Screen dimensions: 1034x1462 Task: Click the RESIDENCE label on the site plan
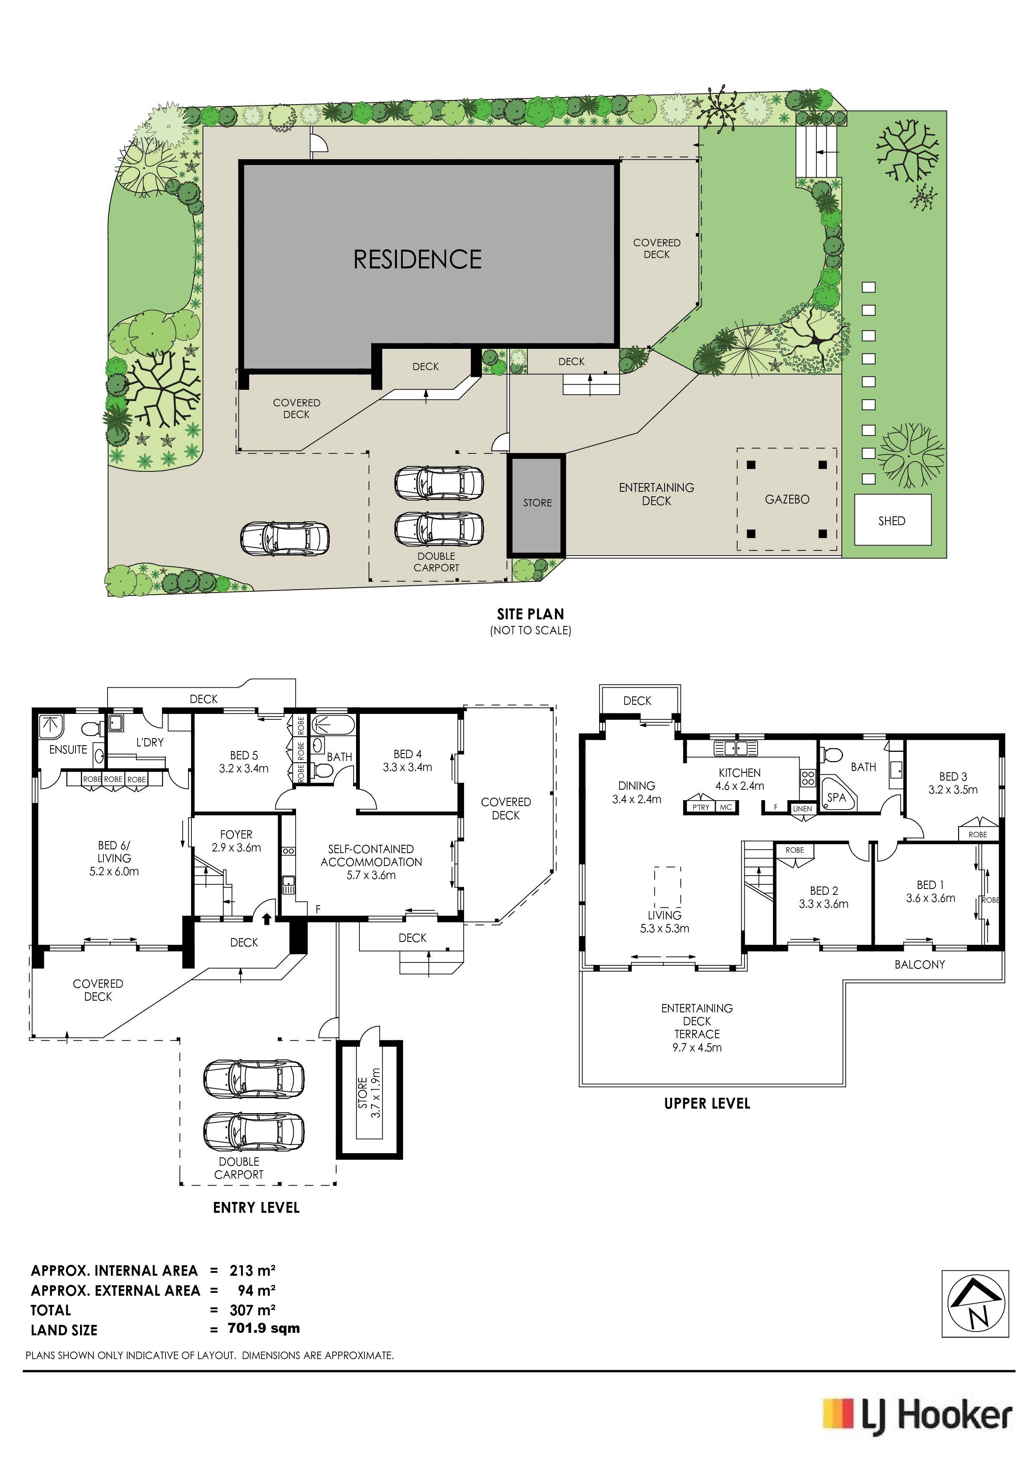point(417,259)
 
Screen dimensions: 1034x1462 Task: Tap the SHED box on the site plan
point(892,520)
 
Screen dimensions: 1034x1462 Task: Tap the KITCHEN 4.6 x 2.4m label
point(740,779)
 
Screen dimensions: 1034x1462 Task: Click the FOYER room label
point(236,834)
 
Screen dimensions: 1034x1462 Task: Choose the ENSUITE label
point(68,749)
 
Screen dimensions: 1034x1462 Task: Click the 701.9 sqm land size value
point(264,1328)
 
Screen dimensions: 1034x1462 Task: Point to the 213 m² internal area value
point(252,1270)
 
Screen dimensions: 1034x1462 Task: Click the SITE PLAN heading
point(531,614)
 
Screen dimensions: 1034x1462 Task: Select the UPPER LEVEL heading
point(707,1104)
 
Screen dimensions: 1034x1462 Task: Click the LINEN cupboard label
point(803,809)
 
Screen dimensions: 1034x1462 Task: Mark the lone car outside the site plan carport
point(285,538)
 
